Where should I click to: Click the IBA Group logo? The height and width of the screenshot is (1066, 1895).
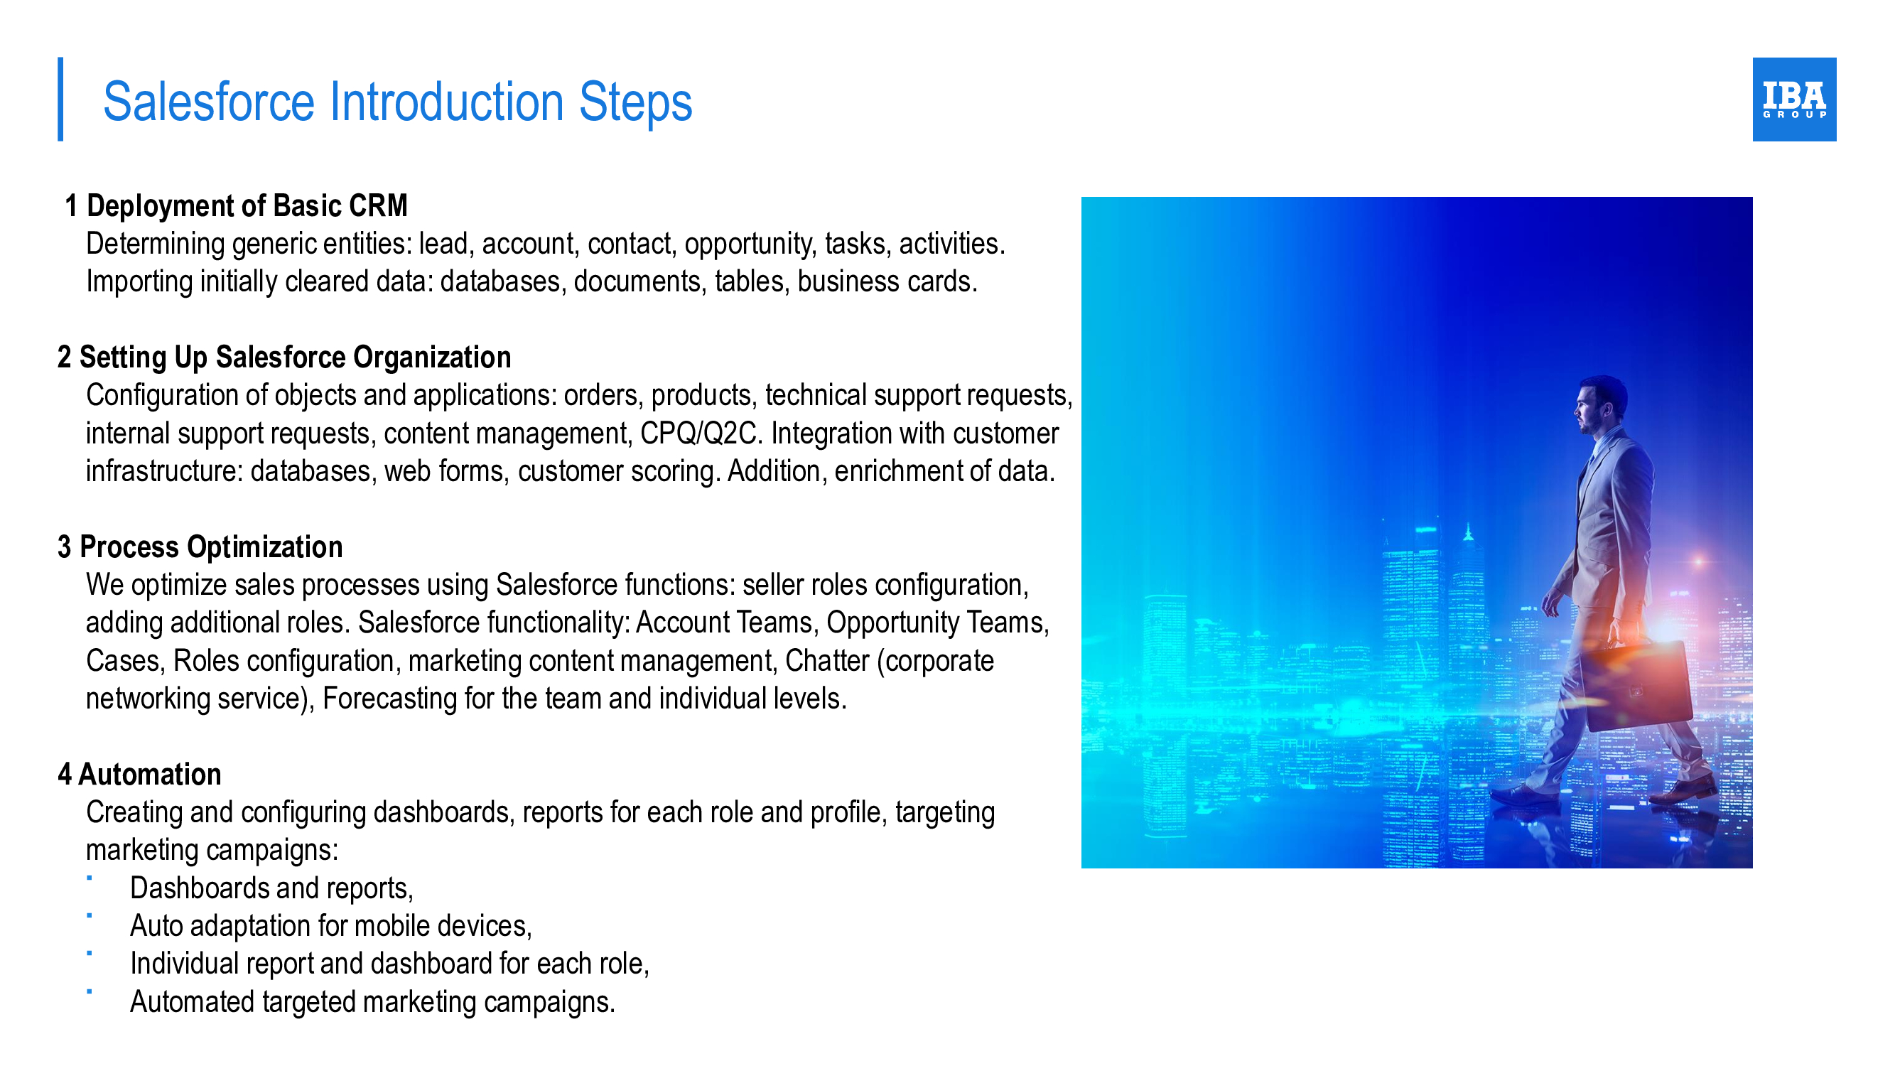1793,99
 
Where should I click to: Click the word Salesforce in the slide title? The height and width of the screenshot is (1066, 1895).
209,102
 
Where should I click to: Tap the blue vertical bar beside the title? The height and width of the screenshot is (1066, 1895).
60,99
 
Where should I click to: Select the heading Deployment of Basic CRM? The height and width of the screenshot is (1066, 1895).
247,206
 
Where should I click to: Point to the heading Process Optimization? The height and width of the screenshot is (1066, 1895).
211,547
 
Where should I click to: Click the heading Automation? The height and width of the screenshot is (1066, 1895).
149,775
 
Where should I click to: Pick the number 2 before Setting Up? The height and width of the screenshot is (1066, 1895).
65,357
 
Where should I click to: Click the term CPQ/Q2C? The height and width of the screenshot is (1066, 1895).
698,434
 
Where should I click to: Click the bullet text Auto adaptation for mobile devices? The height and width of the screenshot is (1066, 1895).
331,926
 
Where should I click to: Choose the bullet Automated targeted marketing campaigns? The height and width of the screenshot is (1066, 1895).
372,1002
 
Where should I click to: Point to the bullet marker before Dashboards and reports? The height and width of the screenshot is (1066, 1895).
89,878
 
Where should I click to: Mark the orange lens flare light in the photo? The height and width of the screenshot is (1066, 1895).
1700,561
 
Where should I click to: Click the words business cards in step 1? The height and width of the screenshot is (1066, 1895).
887,281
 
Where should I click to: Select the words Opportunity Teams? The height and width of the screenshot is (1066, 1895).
937,623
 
